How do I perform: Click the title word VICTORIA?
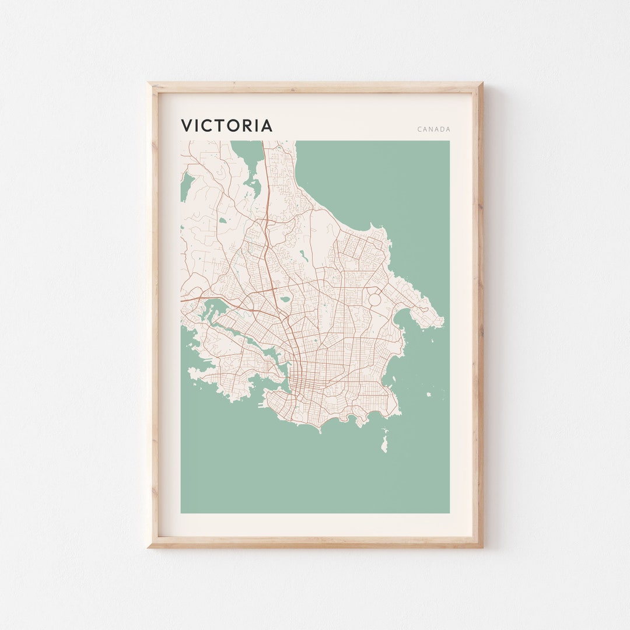click(226, 126)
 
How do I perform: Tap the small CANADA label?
click(433, 129)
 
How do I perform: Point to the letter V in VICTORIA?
click(186, 126)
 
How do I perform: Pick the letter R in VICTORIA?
click(247, 126)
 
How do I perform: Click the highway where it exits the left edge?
click(183, 299)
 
